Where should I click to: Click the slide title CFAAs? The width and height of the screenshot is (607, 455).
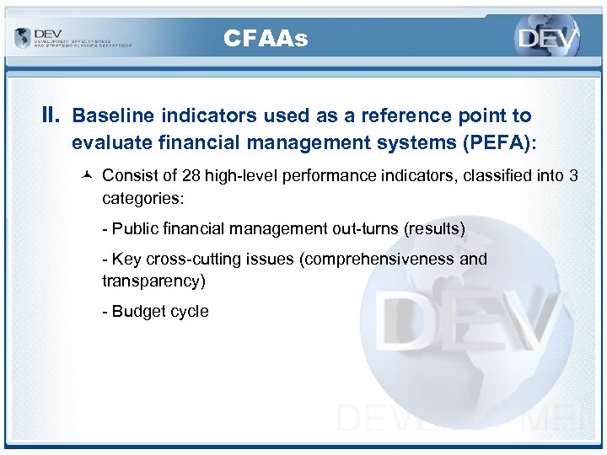pyautogui.click(x=266, y=38)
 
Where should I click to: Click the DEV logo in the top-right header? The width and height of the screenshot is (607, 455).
pyautogui.click(x=548, y=39)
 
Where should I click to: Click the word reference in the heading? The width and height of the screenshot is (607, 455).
pyautogui.click(x=408, y=115)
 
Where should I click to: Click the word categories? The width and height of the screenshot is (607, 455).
pyautogui.click(x=141, y=198)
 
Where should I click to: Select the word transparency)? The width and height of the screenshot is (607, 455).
pyautogui.click(x=153, y=281)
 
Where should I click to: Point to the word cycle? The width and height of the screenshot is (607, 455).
pyautogui.click(x=190, y=311)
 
